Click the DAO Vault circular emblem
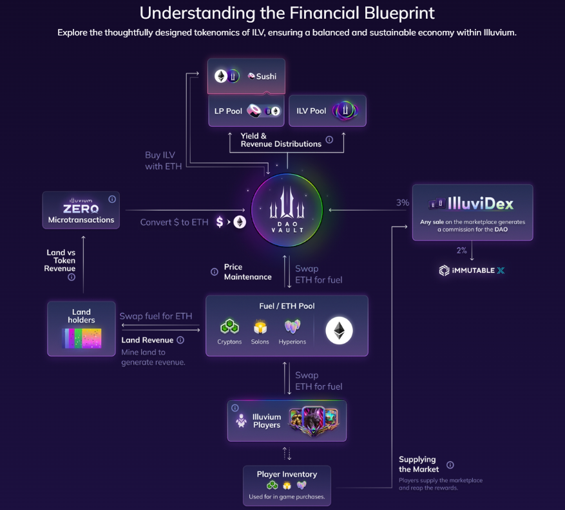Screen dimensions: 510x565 click(287, 210)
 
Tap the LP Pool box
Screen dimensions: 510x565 click(246, 111)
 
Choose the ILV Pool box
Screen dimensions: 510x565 click(327, 111)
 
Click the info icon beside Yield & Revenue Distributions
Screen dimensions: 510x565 click(329, 139)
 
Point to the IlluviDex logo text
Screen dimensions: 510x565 click(472, 204)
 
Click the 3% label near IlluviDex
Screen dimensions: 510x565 click(403, 203)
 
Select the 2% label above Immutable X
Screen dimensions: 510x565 click(462, 250)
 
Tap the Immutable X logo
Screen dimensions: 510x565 click(472, 270)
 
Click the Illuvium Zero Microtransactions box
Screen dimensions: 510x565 click(81, 210)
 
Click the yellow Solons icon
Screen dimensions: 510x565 click(260, 327)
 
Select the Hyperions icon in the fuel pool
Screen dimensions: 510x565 click(292, 327)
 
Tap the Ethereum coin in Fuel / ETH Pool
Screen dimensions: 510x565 click(339, 330)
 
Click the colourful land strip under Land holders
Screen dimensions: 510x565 click(81, 338)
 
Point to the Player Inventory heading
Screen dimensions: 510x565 click(287, 475)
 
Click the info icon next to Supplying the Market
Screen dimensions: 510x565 click(450, 465)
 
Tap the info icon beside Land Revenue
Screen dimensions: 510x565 click(180, 340)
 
